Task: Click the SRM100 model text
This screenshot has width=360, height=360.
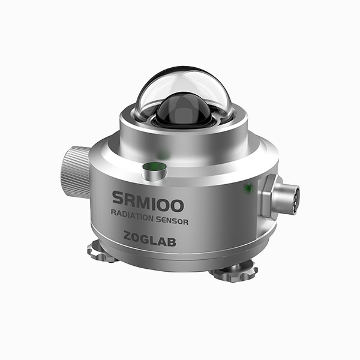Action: tap(148, 202)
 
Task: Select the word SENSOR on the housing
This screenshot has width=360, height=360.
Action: tap(172, 220)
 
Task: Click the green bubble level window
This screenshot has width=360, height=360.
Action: tap(154, 166)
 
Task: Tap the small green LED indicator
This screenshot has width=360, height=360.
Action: tap(248, 188)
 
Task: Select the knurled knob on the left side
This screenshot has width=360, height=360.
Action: tap(76, 172)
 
